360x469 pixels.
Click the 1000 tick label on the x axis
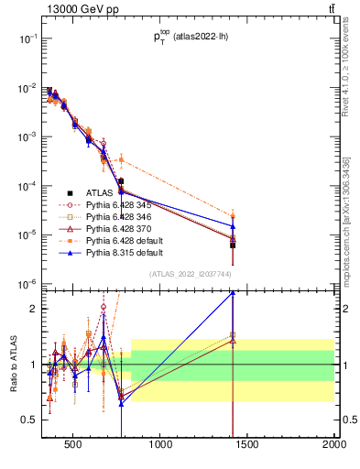161,447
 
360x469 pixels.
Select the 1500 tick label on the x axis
247,447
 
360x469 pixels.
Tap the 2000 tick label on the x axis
333,447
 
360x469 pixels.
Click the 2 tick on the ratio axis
34,309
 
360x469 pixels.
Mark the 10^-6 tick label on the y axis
26,284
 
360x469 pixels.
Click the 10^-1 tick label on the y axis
26,38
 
